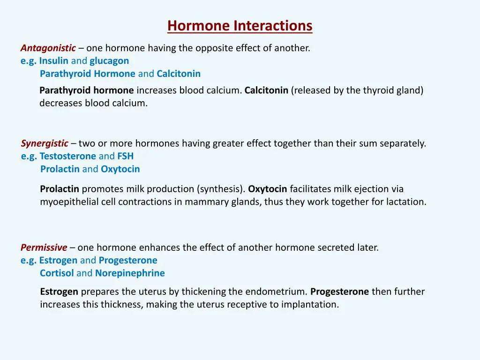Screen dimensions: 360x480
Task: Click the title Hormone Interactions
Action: pyautogui.click(x=240, y=25)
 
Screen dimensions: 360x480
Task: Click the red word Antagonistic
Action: pyautogui.click(x=48, y=48)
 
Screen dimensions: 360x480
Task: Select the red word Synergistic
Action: pyautogui.click(x=45, y=143)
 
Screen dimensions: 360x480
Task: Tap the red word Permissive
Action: pyautogui.click(x=44, y=247)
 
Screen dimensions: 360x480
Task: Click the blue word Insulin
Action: pyautogui.click(x=54, y=61)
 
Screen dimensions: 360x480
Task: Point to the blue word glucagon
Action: pyautogui.click(x=109, y=61)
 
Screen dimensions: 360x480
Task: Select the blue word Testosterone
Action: pyautogui.click(x=67, y=156)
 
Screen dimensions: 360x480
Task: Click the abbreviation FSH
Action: pyautogui.click(x=125, y=156)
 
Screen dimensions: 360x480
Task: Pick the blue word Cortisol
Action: pyautogui.click(x=57, y=273)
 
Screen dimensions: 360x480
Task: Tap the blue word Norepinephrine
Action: pyautogui.click(x=130, y=273)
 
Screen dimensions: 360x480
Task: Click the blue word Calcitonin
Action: pyautogui.click(x=179, y=74)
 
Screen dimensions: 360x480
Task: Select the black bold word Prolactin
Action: pyautogui.click(x=60, y=189)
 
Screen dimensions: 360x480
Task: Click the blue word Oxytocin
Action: pyautogui.click(x=120, y=169)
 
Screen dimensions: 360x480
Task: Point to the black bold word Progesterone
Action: pyautogui.click(x=339, y=292)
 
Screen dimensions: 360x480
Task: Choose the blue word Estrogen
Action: pyautogui.click(x=58, y=260)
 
